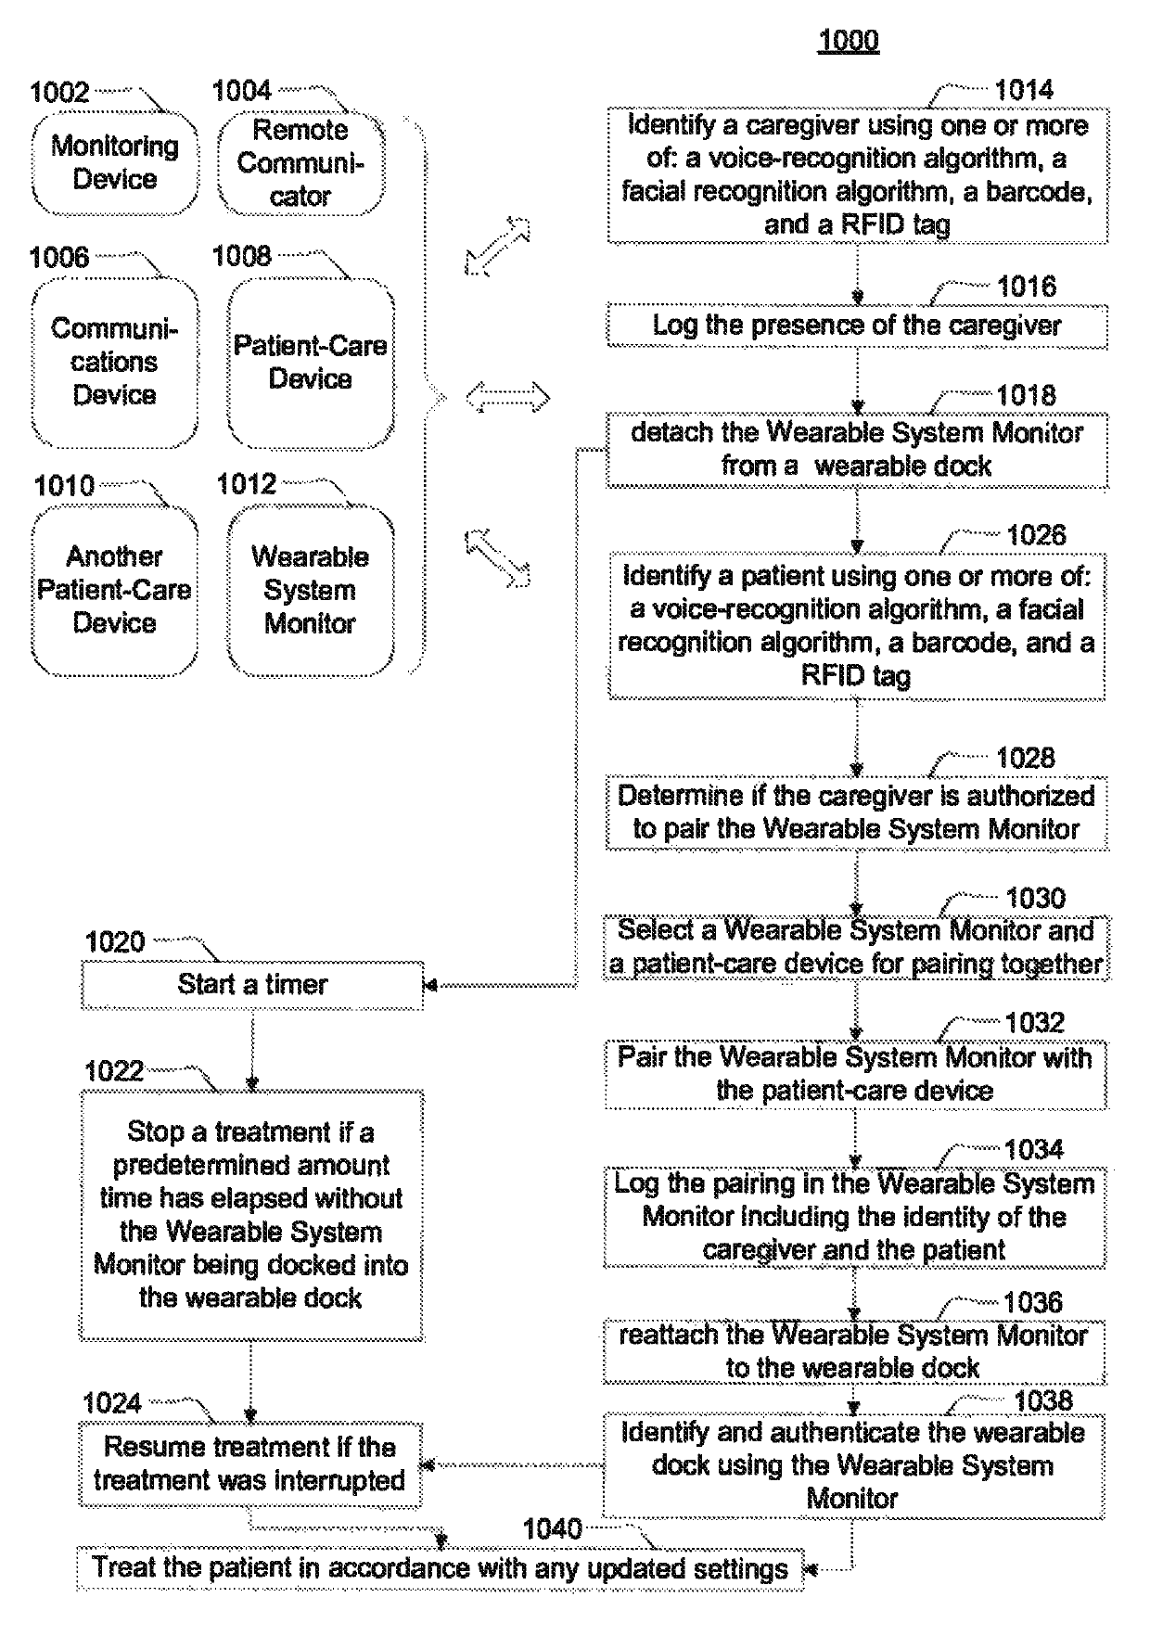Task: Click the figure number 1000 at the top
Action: click(848, 40)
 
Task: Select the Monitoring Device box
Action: click(115, 163)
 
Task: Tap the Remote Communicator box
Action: click(300, 163)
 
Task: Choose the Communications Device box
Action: click(115, 362)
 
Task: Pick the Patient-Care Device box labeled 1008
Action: click(311, 362)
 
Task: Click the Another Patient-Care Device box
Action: click(115, 590)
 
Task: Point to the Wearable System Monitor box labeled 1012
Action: click(311, 590)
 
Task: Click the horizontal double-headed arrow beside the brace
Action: click(507, 399)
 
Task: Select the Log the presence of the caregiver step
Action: click(857, 326)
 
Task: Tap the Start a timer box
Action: click(252, 984)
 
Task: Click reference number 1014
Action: click(1024, 90)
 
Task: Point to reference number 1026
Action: click(1036, 535)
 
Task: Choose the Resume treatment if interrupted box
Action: click(250, 1464)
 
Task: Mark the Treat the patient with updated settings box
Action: click(441, 1568)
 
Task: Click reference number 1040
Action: click(552, 1528)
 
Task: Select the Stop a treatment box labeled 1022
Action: click(251, 1215)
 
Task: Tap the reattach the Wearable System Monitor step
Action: click(854, 1351)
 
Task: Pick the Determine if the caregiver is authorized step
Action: click(857, 812)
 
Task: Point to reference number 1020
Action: click(115, 942)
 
